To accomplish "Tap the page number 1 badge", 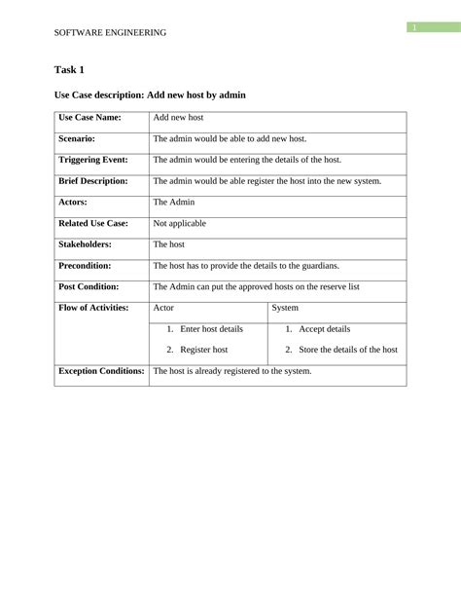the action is [413, 27].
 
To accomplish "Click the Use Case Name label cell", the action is [90, 117].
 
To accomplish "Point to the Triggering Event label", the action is [93, 159].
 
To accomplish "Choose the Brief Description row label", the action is [93, 180].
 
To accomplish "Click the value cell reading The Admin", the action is [174, 202].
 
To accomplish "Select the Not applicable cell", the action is [180, 223].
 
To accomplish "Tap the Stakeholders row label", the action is [86, 244].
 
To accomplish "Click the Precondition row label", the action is [86, 265].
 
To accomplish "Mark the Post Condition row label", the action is [89, 286].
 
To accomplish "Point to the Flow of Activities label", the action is [93, 308].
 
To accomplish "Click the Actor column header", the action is [164, 308].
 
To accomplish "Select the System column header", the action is [285, 308].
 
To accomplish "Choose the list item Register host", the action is [203, 349].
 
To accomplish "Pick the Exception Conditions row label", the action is [101, 371].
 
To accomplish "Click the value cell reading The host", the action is [169, 244].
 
